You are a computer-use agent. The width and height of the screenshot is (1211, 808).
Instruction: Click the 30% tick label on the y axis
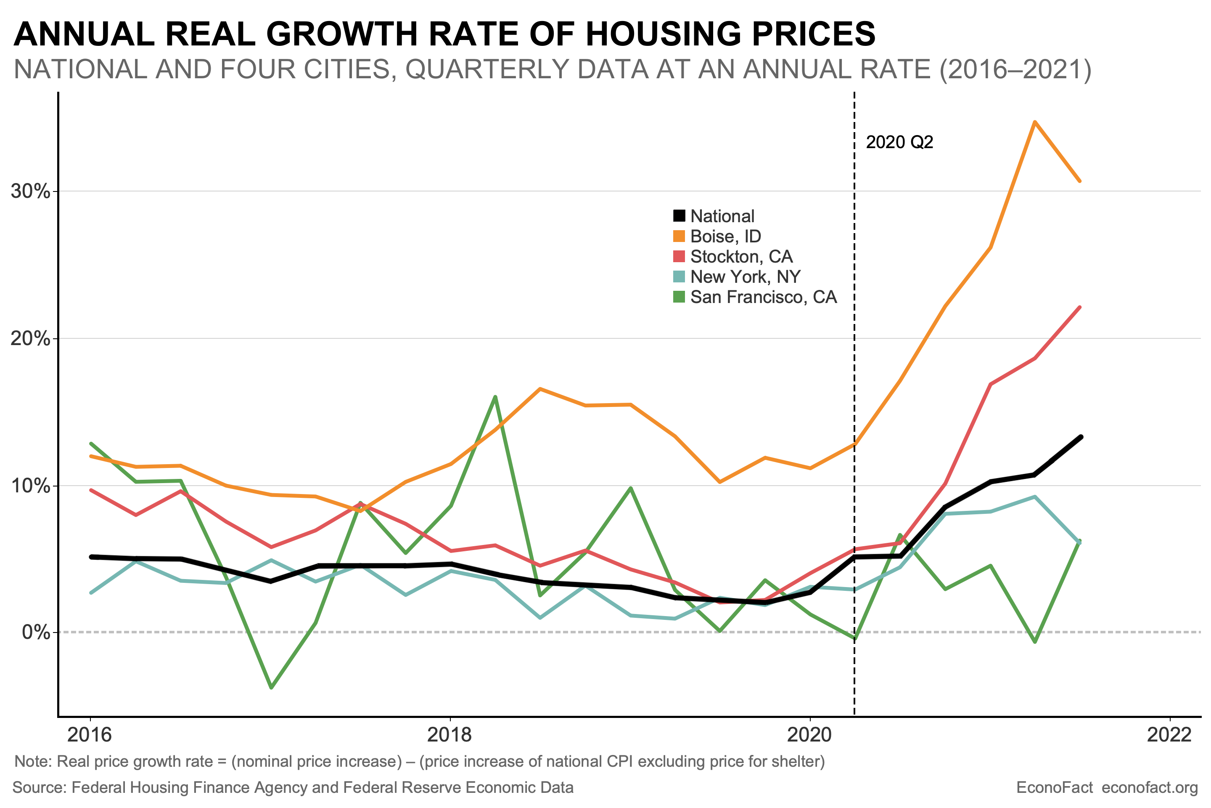click(x=31, y=192)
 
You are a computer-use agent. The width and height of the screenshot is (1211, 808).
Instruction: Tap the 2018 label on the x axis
click(x=449, y=734)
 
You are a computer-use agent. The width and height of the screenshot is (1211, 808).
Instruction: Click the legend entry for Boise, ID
click(x=725, y=237)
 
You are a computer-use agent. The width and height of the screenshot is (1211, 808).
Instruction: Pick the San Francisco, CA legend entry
click(x=763, y=298)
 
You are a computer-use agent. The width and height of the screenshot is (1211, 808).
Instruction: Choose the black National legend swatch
click(x=679, y=216)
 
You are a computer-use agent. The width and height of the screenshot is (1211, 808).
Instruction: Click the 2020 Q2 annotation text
click(x=899, y=142)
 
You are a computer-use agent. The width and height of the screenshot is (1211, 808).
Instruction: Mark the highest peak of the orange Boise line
click(x=1034, y=122)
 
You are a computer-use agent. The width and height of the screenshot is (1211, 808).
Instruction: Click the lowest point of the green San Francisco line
click(x=271, y=687)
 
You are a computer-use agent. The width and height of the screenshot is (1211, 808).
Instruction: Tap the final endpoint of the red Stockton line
click(x=1080, y=307)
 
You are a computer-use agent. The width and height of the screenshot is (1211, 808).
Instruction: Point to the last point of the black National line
click(x=1080, y=437)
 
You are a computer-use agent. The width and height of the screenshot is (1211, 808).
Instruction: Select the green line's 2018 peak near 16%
click(x=495, y=397)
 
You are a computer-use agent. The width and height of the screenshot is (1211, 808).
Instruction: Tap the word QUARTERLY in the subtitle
click(x=527, y=69)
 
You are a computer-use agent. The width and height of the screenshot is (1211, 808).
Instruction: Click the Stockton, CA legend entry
click(x=740, y=257)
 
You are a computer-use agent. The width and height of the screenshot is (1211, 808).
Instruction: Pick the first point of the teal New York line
click(x=91, y=593)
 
